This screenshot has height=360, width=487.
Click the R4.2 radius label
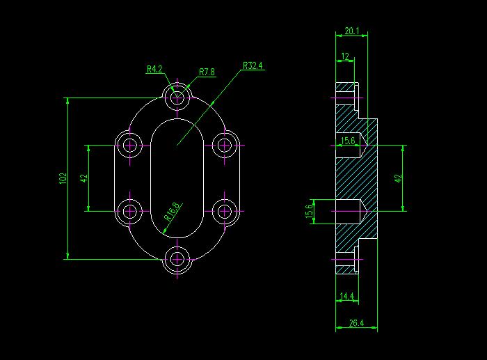[x=154, y=69]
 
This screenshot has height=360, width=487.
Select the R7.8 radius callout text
[x=207, y=72]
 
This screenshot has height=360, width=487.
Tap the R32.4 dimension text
[x=253, y=65]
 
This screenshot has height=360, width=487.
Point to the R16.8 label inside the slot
[x=172, y=212]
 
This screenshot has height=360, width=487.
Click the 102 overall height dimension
[x=63, y=178]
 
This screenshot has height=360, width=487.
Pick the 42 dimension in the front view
[x=84, y=178]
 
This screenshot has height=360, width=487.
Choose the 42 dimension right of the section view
[x=398, y=178]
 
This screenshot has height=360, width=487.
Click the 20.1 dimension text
[x=351, y=31]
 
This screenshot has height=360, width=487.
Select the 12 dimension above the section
[x=345, y=56]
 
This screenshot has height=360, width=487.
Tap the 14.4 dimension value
[x=347, y=296]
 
